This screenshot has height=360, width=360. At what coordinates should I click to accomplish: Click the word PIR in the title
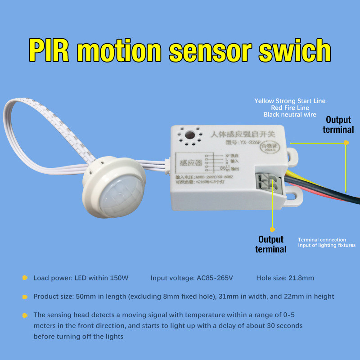pyautogui.click(x=50, y=50)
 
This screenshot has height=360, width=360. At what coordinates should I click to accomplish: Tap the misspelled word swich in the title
pyautogui.click(x=297, y=50)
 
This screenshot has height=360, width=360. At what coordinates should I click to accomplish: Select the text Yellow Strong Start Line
pyautogui.click(x=290, y=101)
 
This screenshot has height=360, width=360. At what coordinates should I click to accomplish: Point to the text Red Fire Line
pyautogui.click(x=290, y=108)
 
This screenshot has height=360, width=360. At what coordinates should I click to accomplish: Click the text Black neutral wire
pyautogui.click(x=290, y=115)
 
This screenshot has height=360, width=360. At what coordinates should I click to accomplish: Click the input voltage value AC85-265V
pyautogui.click(x=215, y=278)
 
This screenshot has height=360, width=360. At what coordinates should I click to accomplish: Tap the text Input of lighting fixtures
pyautogui.click(x=327, y=245)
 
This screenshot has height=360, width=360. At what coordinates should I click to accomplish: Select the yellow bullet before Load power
pyautogui.click(x=25, y=278)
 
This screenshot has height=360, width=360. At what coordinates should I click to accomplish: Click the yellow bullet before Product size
pyautogui.click(x=25, y=297)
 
